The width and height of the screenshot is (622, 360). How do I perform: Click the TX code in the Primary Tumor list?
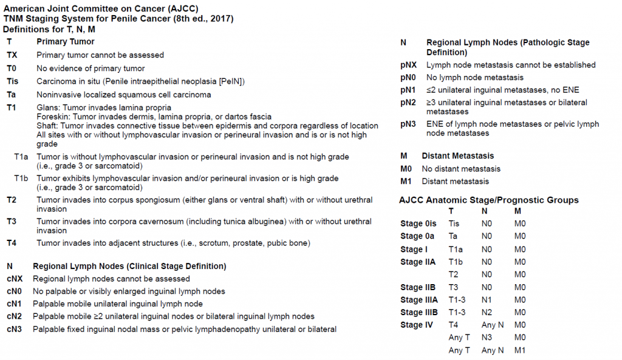pos(12,55)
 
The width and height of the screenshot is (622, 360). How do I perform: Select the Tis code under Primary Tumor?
pos(12,81)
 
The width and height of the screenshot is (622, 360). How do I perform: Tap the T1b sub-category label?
pos(22,178)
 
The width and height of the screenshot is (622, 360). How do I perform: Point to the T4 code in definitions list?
pos(12,243)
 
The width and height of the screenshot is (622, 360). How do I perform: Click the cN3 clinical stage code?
pos(15,329)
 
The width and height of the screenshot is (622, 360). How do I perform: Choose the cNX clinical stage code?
pos(15,279)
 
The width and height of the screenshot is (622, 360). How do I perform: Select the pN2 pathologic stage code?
pos(408,103)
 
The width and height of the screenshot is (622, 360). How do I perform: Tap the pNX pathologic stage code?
pos(409,65)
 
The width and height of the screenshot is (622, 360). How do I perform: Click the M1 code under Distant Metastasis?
pos(406,181)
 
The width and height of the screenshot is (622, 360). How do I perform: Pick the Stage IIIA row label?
pos(419,299)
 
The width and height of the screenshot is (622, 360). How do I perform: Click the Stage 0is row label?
pos(418,223)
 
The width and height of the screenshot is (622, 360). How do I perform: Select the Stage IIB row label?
pos(418,287)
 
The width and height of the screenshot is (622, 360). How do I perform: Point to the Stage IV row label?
pos(417,325)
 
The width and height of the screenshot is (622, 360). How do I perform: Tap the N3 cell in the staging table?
pos(487,338)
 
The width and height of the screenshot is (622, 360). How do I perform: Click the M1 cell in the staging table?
pos(519,350)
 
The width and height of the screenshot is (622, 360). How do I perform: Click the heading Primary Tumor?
pos(66,42)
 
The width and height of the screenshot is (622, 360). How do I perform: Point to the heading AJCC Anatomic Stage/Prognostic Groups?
pos(489,200)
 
